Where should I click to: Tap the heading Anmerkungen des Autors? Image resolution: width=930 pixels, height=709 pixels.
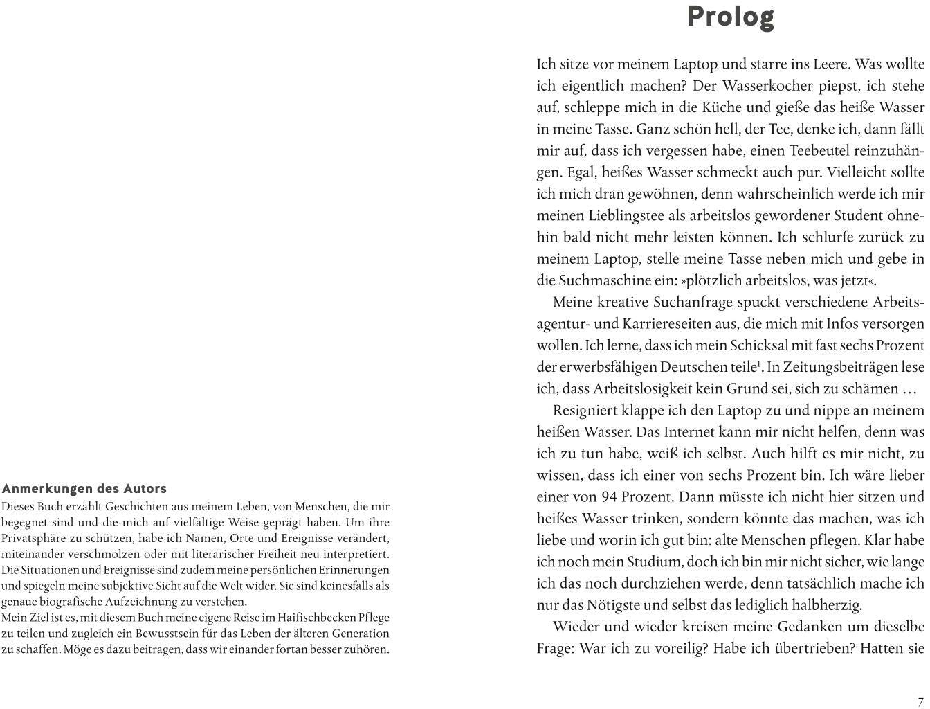84,489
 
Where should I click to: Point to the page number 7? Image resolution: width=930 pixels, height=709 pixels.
920,701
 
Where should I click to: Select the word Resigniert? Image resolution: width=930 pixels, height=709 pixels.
587,410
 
